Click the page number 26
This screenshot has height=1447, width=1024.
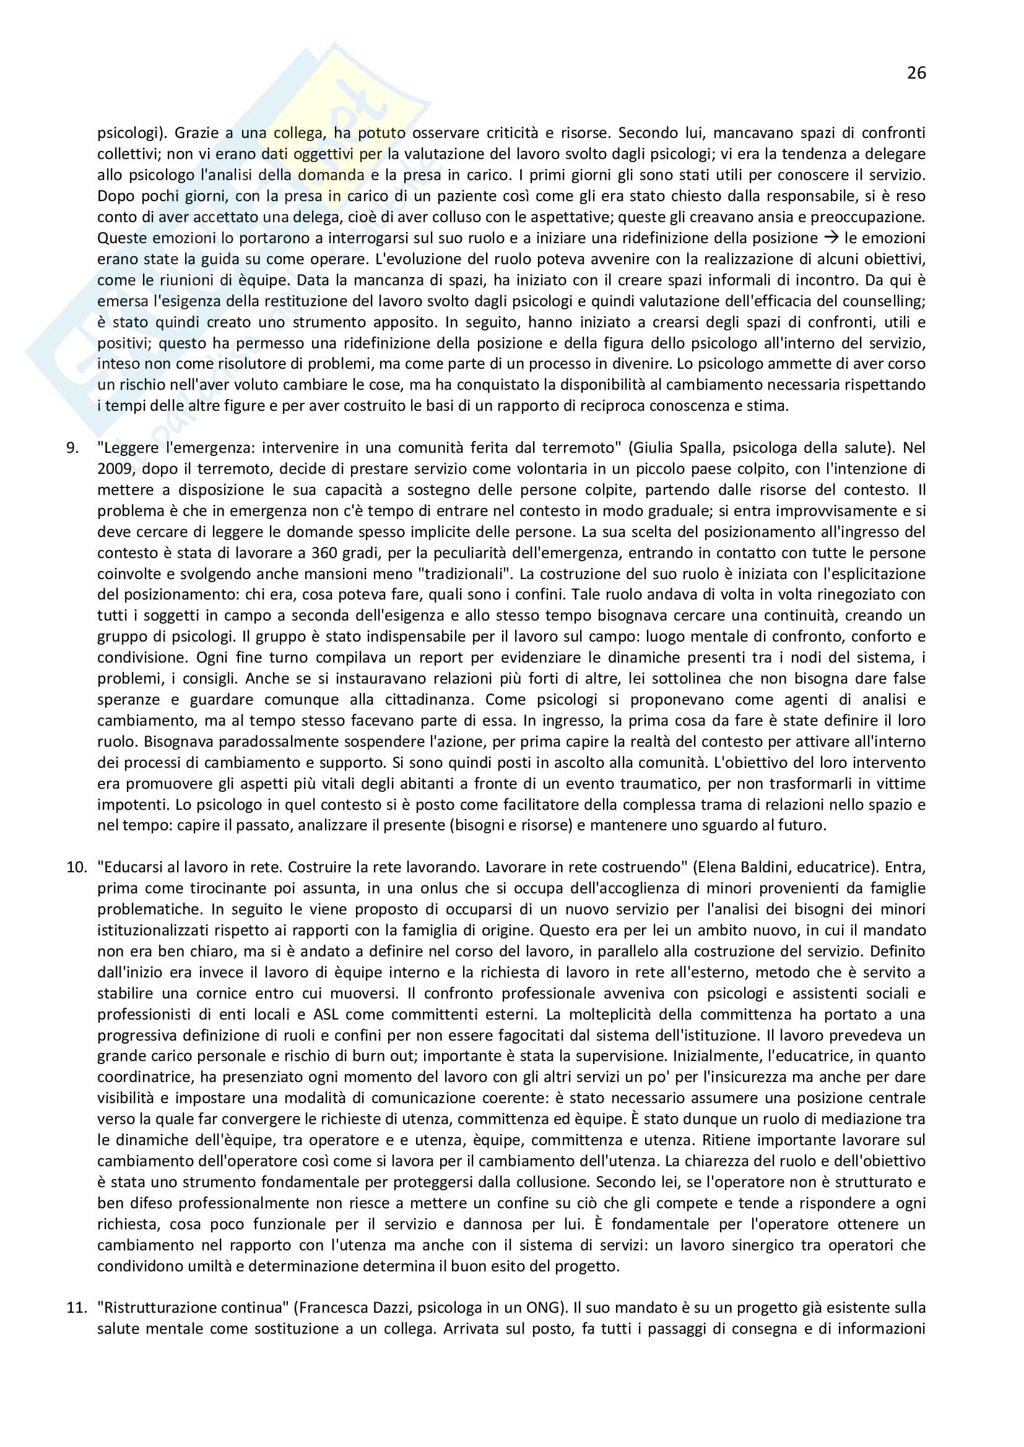pos(916,73)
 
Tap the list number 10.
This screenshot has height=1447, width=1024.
pos(76,867)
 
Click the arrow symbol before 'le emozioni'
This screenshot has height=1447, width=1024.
pos(830,238)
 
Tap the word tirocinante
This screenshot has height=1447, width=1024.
pos(210,888)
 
